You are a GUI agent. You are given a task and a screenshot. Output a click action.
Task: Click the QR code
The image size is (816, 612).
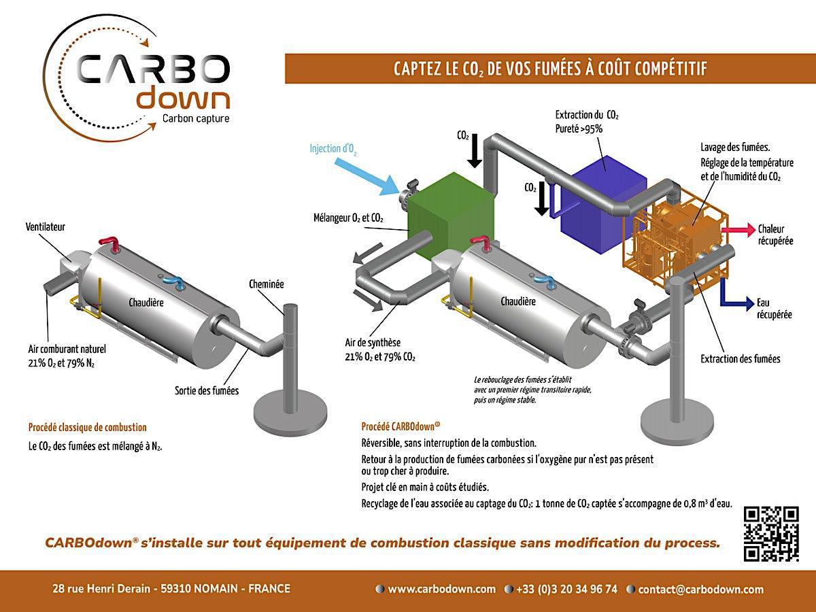[772, 534]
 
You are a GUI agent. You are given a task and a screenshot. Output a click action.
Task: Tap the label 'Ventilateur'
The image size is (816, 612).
[46, 226]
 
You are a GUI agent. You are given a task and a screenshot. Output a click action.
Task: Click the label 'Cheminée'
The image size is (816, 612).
[267, 284]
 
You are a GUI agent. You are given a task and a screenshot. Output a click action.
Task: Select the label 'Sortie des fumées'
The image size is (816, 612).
[207, 391]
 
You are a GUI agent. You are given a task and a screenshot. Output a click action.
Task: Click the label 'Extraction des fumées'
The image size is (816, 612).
[741, 358]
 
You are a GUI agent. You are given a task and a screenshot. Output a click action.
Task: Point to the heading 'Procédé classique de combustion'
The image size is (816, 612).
[87, 428]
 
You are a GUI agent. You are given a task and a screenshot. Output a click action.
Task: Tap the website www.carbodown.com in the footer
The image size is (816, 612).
[442, 589]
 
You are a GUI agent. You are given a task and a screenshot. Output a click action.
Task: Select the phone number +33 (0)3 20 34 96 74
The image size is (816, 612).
[566, 589]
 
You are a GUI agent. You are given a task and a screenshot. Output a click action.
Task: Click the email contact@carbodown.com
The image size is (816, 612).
[701, 590]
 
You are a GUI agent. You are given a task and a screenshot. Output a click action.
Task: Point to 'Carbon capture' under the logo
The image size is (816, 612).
[195, 119]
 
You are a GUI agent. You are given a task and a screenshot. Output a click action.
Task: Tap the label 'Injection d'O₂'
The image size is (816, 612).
[333, 148]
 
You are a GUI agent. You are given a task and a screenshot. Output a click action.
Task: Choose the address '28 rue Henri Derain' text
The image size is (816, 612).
[102, 589]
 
